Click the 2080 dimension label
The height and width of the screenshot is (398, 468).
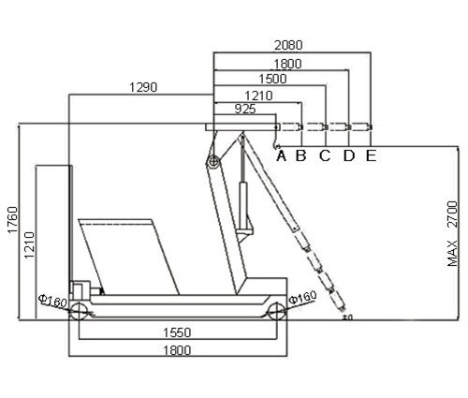(x=288, y=46)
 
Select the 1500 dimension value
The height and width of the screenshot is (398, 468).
(x=272, y=79)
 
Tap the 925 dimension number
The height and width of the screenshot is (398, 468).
(x=245, y=109)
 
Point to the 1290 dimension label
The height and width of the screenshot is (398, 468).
(x=143, y=87)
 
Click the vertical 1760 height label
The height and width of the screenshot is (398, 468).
(x=13, y=219)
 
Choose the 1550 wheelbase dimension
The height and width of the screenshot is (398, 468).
(x=177, y=332)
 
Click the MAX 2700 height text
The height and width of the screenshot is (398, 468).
(x=452, y=233)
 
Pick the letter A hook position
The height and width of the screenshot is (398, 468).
(x=282, y=155)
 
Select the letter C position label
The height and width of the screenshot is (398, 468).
(x=325, y=155)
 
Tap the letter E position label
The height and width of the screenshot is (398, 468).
(x=371, y=155)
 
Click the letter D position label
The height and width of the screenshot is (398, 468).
(x=349, y=155)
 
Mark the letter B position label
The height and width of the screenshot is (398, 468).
(x=301, y=155)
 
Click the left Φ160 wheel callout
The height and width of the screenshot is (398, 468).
(x=52, y=301)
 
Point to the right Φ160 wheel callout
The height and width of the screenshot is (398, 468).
(x=302, y=297)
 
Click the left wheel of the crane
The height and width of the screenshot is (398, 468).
(x=78, y=311)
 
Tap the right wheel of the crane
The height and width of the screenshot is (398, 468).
(x=277, y=311)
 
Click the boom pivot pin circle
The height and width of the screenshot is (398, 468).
(x=213, y=162)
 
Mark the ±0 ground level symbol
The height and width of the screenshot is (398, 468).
(x=347, y=317)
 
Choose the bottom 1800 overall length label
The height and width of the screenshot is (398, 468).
(x=177, y=350)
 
